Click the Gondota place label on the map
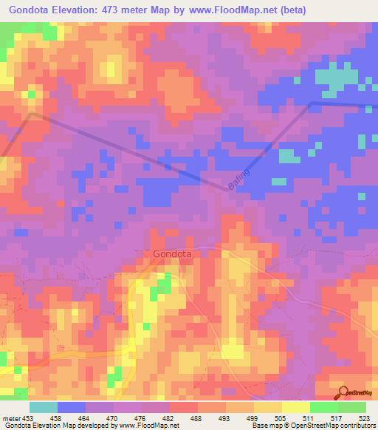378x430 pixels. (x=173, y=254)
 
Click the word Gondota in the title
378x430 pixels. (x=32, y=10)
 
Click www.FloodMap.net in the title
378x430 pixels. (x=229, y=10)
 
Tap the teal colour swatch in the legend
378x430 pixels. (x=44, y=407)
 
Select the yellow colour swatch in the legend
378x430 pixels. (x=296, y=407)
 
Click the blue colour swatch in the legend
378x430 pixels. (x=72, y=407)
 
